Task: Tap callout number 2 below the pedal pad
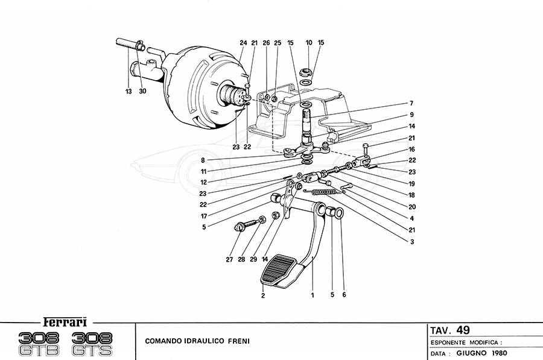click(263, 295)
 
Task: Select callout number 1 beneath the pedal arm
click(313, 295)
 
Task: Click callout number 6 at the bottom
click(343, 295)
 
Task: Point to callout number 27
click(229, 260)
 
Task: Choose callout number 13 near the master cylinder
click(128, 91)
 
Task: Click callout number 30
click(143, 91)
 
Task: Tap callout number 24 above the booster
click(243, 43)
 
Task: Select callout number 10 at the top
click(309, 43)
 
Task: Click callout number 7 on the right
click(411, 103)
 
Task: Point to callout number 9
click(411, 115)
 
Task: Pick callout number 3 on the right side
click(411, 242)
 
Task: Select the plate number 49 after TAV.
click(463, 330)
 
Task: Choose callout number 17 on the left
click(204, 215)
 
